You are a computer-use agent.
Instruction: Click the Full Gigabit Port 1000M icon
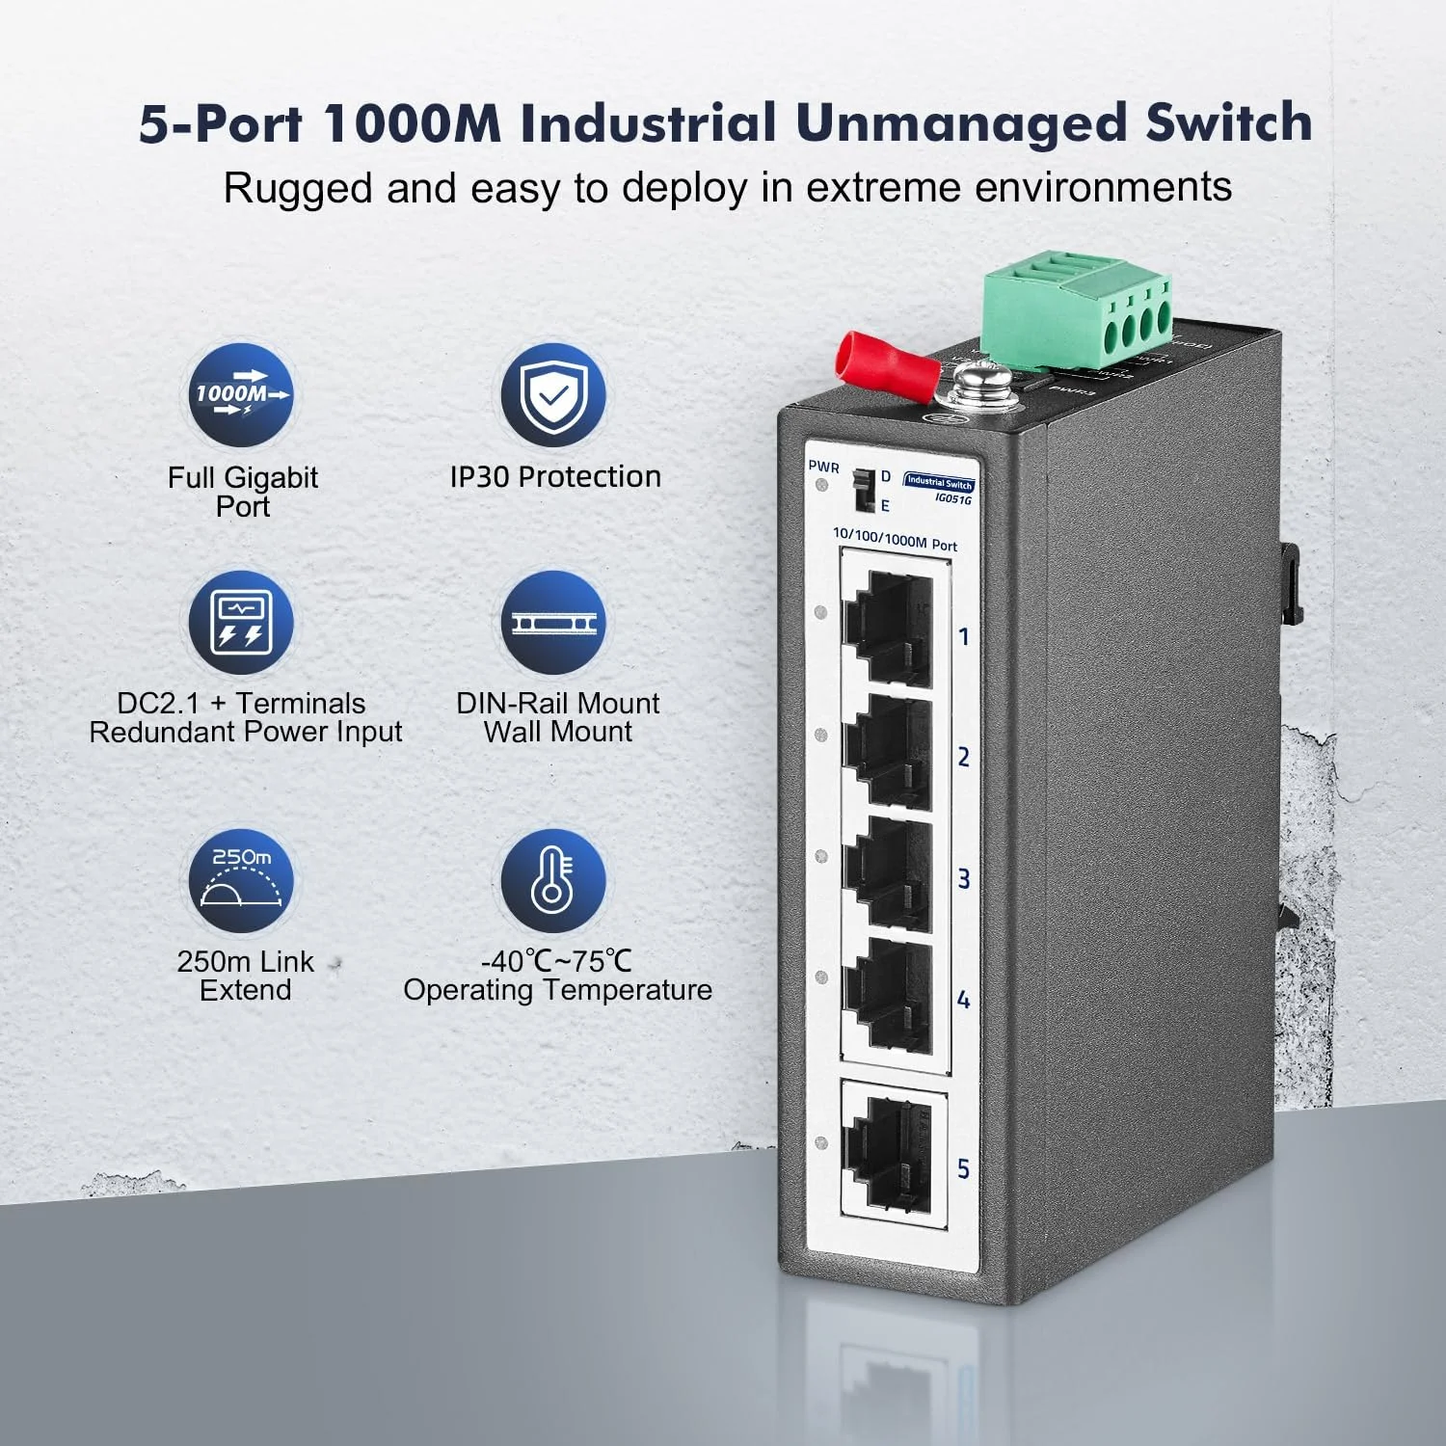tap(242, 395)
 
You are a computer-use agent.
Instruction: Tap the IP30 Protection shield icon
tap(553, 395)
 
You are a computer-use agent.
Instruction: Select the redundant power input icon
tap(242, 622)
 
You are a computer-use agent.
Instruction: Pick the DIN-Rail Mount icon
tap(553, 622)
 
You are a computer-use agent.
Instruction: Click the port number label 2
tap(963, 758)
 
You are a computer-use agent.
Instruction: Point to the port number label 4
tap(963, 1000)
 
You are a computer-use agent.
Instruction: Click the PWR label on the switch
tap(823, 467)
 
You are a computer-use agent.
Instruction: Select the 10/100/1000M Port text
tap(895, 539)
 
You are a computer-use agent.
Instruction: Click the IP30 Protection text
tap(555, 476)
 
